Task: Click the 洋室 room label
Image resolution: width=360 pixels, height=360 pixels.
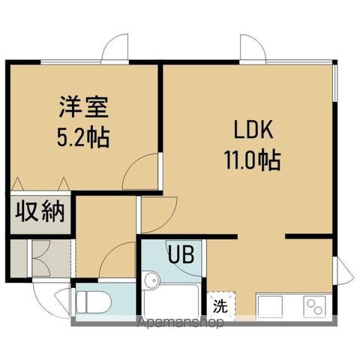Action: coord(84,107)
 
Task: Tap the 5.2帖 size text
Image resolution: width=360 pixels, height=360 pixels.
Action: coord(83,137)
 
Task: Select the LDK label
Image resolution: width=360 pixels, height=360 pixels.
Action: coord(253,130)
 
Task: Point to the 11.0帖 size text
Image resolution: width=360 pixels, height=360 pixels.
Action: coord(252,160)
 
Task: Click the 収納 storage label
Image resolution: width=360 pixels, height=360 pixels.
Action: coord(40,212)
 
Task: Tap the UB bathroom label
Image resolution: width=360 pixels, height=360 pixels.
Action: coord(181,254)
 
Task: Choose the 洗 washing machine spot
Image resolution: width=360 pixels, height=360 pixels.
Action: coord(220,306)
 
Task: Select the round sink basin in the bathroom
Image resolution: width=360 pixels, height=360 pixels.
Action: coord(151,280)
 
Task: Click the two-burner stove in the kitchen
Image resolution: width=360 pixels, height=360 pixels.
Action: coord(315,307)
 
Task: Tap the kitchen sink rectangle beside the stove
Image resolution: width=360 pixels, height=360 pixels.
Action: coord(270,307)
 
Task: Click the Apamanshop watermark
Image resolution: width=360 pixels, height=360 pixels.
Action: coord(181,322)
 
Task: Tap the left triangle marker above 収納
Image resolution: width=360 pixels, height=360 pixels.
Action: coord(17,184)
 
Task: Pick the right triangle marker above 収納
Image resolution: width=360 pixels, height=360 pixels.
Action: coord(64,184)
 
